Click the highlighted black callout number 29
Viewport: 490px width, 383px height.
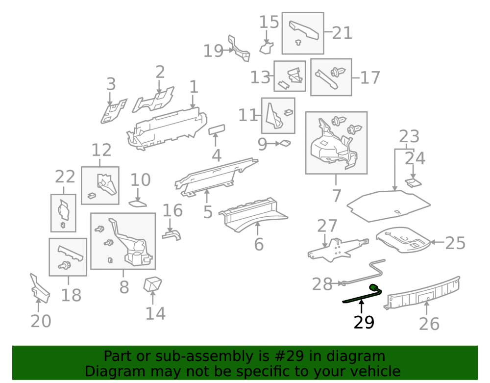point(364,322)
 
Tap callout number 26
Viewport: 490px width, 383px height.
point(429,324)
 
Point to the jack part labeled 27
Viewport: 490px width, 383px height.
point(338,250)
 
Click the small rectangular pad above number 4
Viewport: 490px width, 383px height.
point(217,129)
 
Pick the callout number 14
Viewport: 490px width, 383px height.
point(156,313)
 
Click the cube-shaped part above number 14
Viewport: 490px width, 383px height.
point(152,284)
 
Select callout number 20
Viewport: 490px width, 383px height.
point(41,321)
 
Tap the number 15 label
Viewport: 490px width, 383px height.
point(269,22)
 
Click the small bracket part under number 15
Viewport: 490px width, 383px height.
point(266,48)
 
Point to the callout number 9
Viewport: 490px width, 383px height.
point(262,144)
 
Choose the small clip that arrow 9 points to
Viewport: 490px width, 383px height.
point(286,143)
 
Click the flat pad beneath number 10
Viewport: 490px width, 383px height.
point(138,204)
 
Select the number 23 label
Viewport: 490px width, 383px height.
point(409,136)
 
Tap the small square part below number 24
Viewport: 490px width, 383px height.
point(413,182)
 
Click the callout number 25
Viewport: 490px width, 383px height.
point(455,243)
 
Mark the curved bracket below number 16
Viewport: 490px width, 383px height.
point(171,235)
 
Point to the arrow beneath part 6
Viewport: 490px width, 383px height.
point(258,229)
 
